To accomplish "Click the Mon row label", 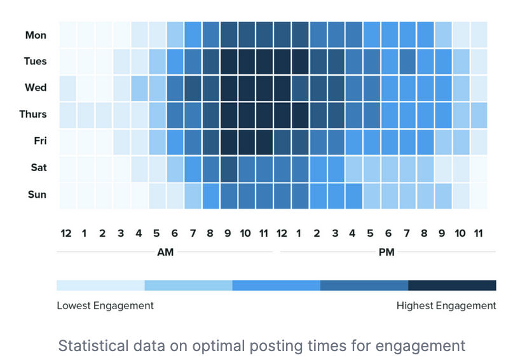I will [x=36, y=35].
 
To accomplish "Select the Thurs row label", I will [x=33, y=114].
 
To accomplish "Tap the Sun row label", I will [x=37, y=195].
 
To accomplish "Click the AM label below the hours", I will [x=165, y=253].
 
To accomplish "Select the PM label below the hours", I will [x=387, y=253].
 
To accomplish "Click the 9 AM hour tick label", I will [x=228, y=233].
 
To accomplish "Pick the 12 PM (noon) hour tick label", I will [x=282, y=233].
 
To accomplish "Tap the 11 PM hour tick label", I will [x=478, y=233].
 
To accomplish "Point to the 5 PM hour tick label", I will [x=371, y=233].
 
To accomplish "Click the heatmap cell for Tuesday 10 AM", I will [x=247, y=61].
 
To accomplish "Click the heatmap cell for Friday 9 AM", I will [x=229, y=141].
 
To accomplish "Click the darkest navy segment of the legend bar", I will [x=452, y=285].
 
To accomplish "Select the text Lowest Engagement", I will [x=105, y=306].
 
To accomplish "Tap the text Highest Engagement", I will [x=446, y=306].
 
